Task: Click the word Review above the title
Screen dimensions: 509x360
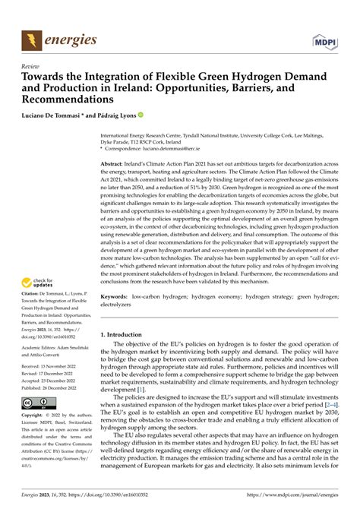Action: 31,66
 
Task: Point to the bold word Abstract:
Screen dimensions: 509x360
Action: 113,163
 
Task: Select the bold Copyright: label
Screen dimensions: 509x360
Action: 34,416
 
